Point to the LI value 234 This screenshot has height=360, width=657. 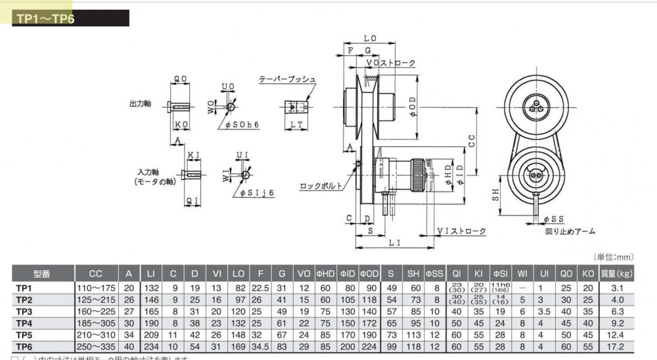click(x=152, y=346)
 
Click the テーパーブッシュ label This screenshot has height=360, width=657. click(x=287, y=79)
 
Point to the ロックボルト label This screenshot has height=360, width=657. click(x=321, y=186)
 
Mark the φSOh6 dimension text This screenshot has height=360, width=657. click(x=242, y=124)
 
